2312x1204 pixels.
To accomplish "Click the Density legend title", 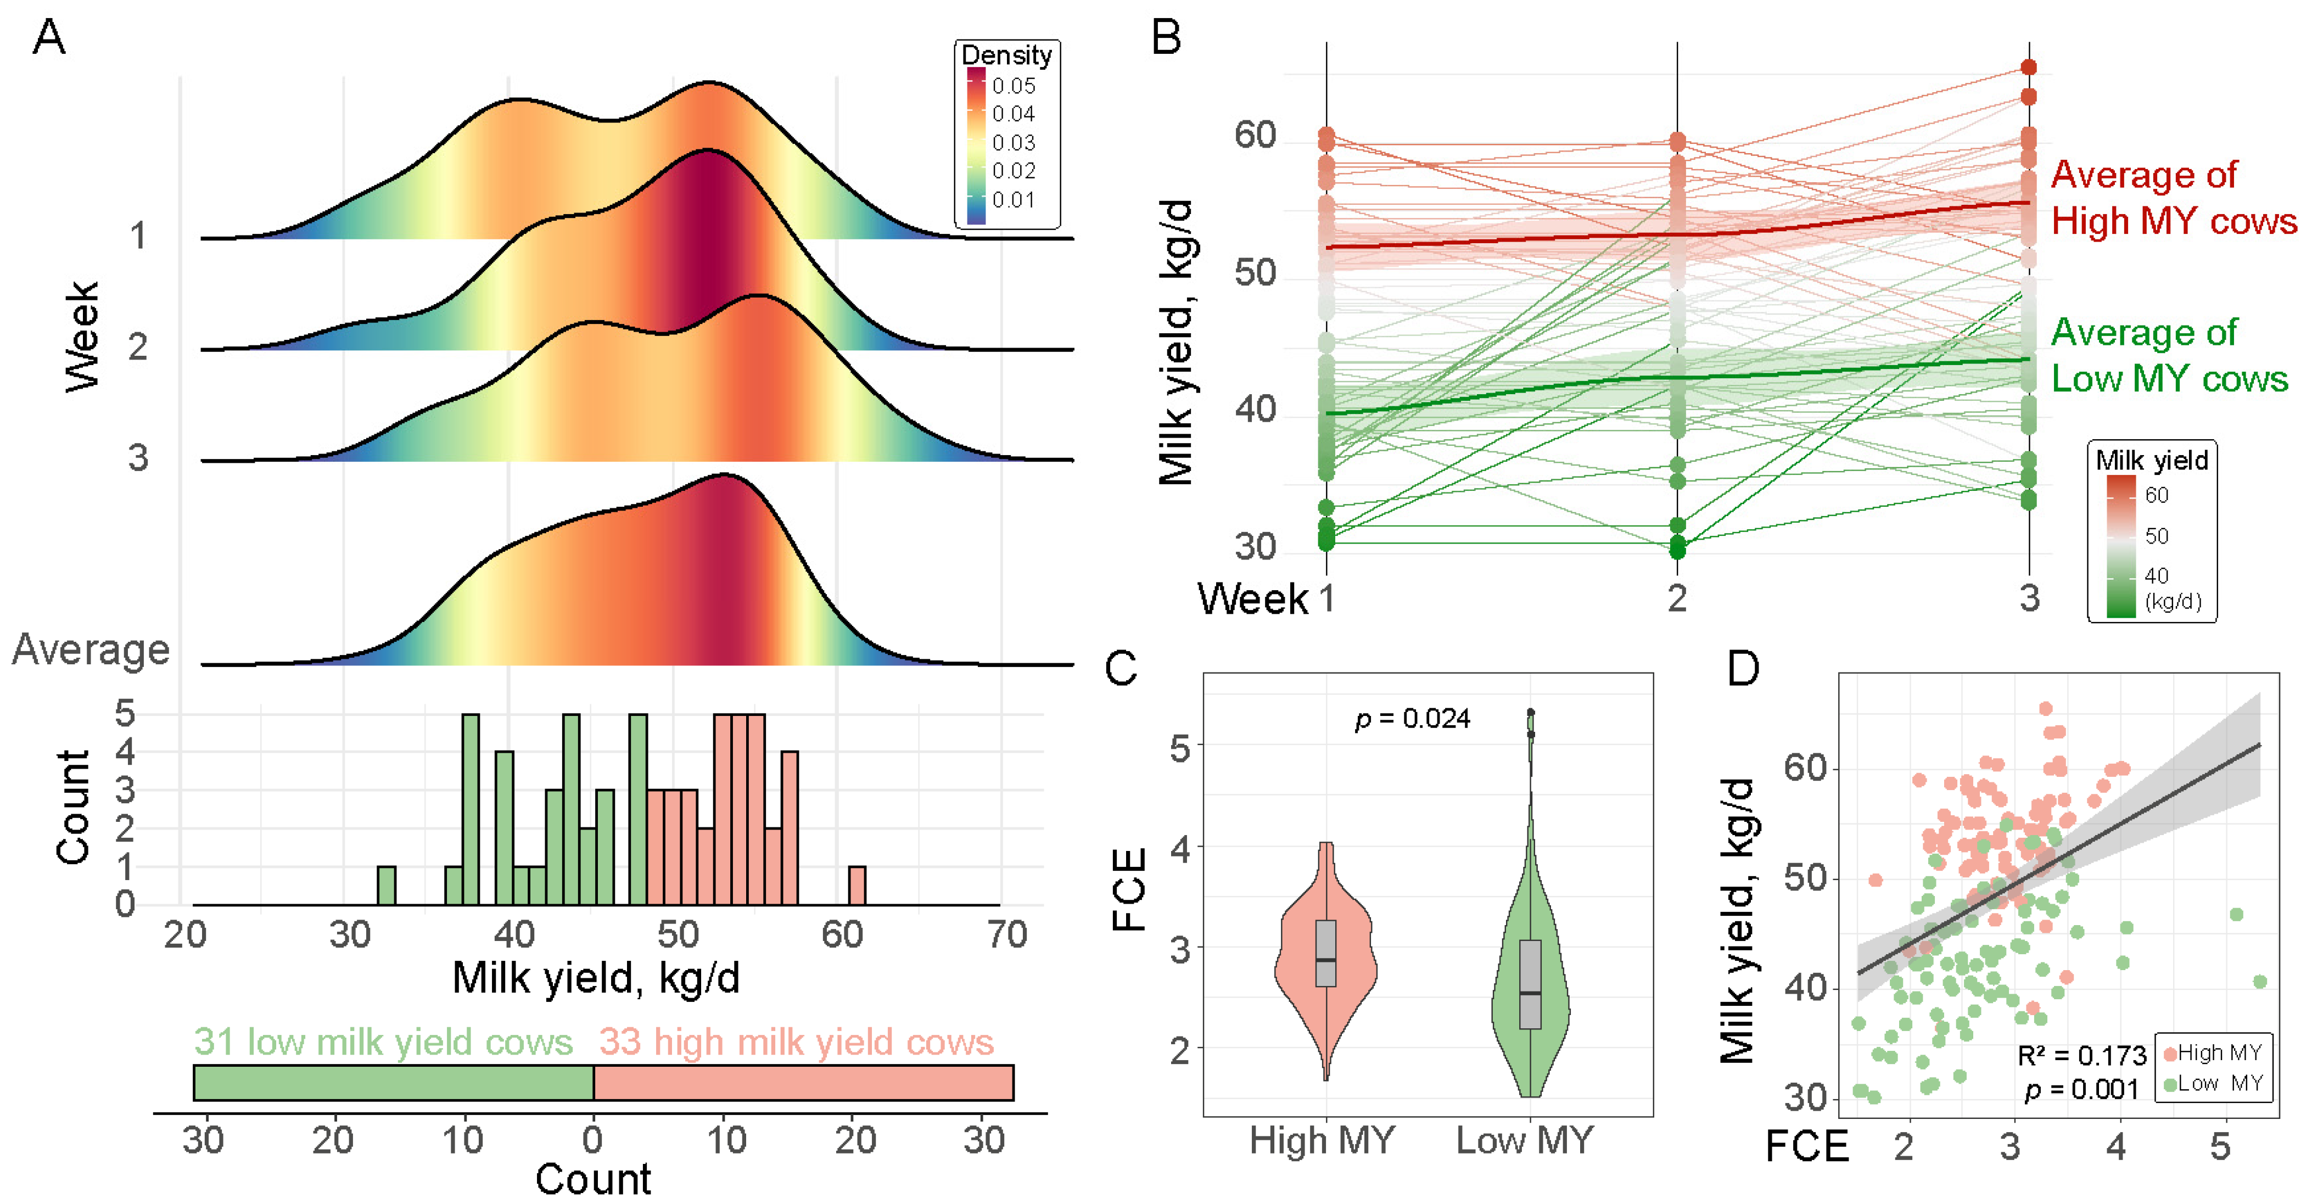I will [x=1006, y=55].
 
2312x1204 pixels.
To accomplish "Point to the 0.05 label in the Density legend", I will [x=1014, y=86].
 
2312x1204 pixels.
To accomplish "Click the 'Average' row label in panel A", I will [x=91, y=649].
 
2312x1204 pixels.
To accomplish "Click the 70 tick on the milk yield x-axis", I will [x=1007, y=936].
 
